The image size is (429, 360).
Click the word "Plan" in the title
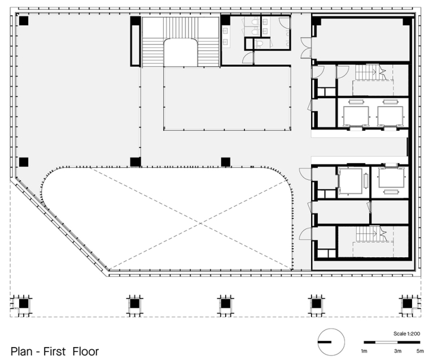pyautogui.click(x=21, y=351)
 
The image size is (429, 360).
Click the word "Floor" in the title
pyautogui.click(x=86, y=351)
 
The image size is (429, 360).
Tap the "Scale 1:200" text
pyautogui.click(x=406, y=333)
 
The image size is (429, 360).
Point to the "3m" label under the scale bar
pyautogui.click(x=397, y=351)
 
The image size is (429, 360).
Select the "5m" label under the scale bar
pyautogui.click(x=420, y=351)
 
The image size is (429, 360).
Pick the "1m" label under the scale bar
pyautogui.click(x=364, y=351)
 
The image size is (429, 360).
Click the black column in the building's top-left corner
pyautogui.click(x=24, y=21)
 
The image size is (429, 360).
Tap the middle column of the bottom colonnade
pyautogui.click(x=225, y=304)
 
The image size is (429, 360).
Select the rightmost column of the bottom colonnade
pyautogui.click(x=407, y=304)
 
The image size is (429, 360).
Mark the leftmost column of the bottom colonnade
pyautogui.click(x=24, y=304)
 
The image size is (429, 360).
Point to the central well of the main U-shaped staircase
pyautogui.click(x=181, y=52)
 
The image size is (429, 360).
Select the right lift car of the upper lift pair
pyautogui.click(x=390, y=115)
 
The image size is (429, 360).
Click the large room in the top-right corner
pyautogui.click(x=361, y=39)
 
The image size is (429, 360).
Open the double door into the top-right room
pyautogui.click(x=307, y=48)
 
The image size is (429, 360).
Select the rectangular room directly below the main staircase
pyautogui.click(x=227, y=99)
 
